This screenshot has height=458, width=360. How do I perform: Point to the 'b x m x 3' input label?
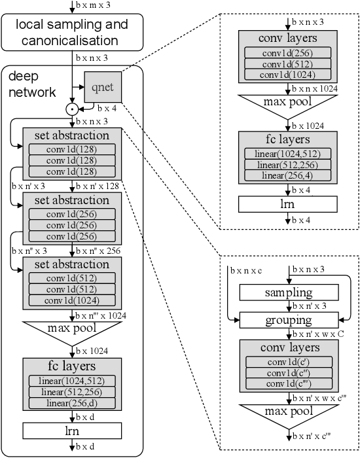(92, 6)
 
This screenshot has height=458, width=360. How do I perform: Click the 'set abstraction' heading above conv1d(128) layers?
(72, 136)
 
